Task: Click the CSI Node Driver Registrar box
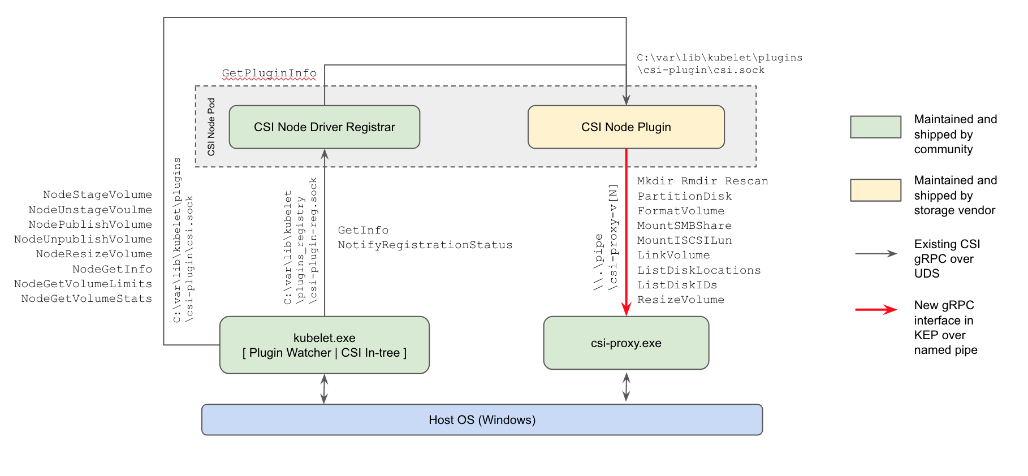click(324, 127)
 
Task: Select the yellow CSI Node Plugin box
click(626, 127)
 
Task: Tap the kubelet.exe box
click(324, 345)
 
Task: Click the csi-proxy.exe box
click(626, 343)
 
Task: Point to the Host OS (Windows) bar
click(482, 419)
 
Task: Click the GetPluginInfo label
click(269, 73)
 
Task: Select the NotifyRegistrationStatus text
click(425, 245)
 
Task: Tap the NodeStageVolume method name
click(97, 194)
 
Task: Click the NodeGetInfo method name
click(112, 269)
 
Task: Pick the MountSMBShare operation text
click(684, 226)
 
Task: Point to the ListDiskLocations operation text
click(699, 270)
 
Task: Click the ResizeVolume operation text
click(681, 300)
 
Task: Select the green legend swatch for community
click(875, 127)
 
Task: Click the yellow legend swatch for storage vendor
click(875, 190)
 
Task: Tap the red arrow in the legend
click(876, 309)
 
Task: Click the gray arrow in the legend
click(876, 254)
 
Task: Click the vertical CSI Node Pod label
click(211, 127)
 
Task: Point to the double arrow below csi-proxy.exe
click(626, 387)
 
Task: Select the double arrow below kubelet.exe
click(324, 388)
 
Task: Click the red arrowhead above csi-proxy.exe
click(626, 309)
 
